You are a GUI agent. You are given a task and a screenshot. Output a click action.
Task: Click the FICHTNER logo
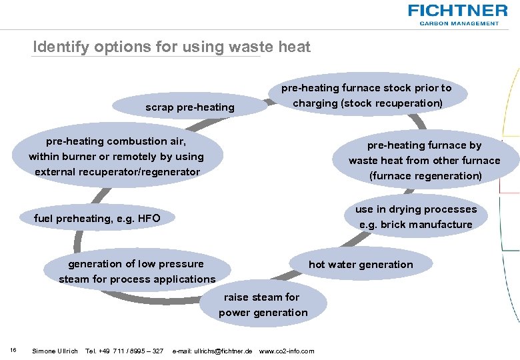click(x=457, y=11)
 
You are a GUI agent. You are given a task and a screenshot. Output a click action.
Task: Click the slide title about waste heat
click(x=172, y=47)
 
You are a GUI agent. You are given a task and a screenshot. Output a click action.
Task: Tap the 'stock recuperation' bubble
click(x=367, y=95)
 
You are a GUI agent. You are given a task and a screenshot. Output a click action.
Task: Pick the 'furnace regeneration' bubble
click(x=424, y=161)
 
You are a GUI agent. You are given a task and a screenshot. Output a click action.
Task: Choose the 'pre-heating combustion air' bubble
click(x=117, y=157)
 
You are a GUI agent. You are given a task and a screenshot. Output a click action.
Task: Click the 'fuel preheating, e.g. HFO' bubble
click(x=97, y=218)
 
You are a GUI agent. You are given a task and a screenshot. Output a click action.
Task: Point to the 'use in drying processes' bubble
click(x=415, y=217)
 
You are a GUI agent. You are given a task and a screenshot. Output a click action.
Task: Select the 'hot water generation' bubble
click(x=361, y=265)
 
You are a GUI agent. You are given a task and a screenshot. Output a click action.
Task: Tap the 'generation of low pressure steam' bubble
click(x=137, y=271)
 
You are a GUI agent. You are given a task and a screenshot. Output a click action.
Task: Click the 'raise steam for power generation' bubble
click(x=263, y=305)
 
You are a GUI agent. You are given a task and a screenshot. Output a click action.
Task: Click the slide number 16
click(x=13, y=351)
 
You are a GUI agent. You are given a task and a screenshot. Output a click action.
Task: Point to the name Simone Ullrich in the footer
click(x=55, y=351)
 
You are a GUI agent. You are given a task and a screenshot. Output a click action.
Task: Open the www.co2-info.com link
click(x=286, y=351)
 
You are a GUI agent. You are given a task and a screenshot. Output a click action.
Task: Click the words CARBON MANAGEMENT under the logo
click(x=459, y=23)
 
